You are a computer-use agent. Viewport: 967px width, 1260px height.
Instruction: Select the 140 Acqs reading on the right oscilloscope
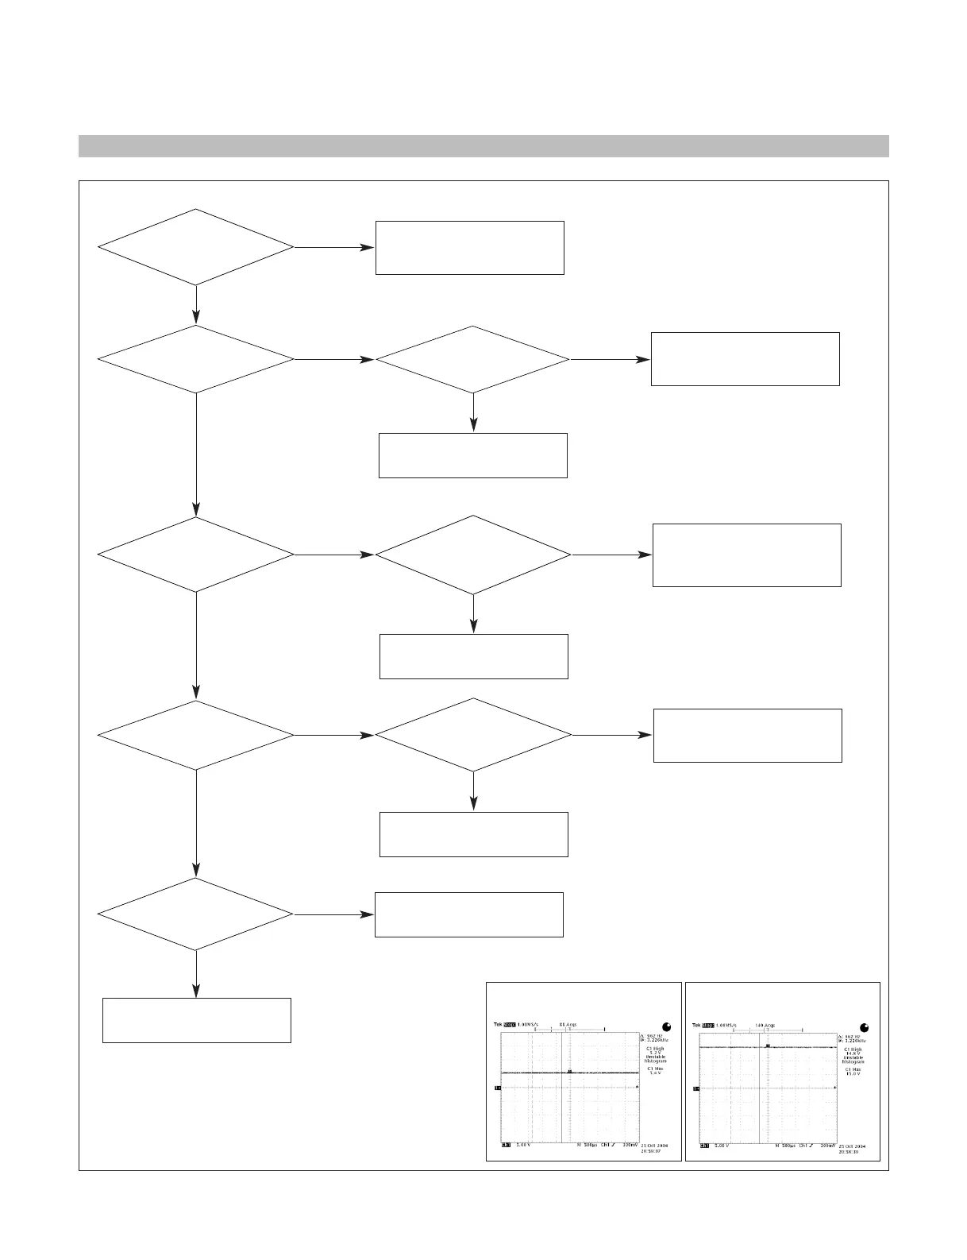coord(765,1025)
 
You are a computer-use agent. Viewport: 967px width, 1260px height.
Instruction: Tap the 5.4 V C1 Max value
coord(655,1073)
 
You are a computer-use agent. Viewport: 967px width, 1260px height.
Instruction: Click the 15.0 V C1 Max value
coord(853,1073)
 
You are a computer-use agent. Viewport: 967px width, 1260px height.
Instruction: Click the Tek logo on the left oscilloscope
coord(498,1025)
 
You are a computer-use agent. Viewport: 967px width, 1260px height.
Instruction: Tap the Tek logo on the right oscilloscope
coord(696,1025)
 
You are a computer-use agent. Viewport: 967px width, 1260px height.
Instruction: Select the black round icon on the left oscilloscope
coord(665,1026)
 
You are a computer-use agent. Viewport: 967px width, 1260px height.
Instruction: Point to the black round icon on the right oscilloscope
coord(864,1026)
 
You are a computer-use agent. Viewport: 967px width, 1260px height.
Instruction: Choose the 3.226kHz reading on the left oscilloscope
coord(655,1040)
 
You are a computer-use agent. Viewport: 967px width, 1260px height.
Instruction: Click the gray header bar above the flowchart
coord(483,146)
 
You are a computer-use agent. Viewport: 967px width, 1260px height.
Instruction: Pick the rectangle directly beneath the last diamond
coord(197,1020)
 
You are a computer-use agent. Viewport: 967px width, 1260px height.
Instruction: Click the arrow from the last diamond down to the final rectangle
coord(196,974)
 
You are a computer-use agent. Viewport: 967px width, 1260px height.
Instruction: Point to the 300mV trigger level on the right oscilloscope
coord(826,1146)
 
